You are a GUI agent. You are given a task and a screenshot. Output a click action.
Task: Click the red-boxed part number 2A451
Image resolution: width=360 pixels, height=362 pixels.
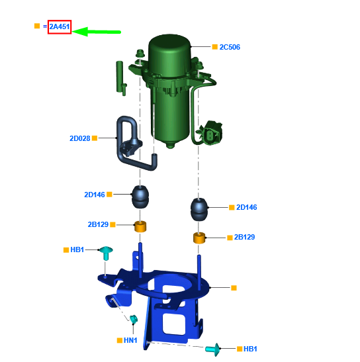(60, 26)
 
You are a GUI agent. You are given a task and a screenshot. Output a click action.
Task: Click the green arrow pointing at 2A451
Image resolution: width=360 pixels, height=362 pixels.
(97, 32)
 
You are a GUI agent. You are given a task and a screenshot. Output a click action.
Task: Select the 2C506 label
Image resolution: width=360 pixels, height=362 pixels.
(230, 47)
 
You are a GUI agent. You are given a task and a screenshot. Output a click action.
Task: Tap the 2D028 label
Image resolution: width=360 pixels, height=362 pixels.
(79, 138)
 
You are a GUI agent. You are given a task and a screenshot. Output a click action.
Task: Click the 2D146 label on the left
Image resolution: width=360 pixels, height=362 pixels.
(95, 195)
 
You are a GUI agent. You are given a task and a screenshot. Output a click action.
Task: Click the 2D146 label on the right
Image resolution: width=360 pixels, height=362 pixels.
(246, 207)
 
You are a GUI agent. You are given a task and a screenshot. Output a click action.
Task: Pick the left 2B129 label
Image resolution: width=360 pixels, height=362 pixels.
(98, 224)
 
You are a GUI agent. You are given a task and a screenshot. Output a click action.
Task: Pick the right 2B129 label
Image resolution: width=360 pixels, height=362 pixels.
(244, 237)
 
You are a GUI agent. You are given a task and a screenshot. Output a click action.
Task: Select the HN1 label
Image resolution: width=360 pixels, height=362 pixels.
(130, 340)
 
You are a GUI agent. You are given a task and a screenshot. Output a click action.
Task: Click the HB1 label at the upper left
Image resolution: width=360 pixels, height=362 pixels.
(77, 249)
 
